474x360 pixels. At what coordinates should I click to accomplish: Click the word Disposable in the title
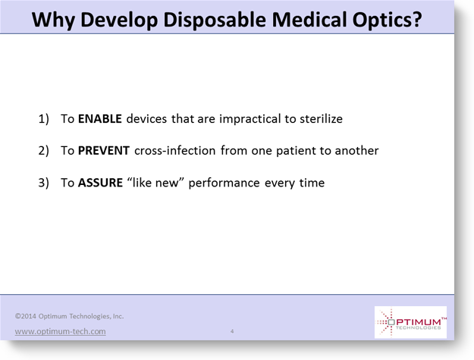tap(215, 20)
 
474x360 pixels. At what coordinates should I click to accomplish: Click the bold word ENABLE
tap(100, 119)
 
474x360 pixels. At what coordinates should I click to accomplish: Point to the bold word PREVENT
tap(104, 150)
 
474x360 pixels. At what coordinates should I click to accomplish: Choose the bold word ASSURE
tap(100, 183)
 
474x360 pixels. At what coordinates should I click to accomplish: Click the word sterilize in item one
tap(321, 119)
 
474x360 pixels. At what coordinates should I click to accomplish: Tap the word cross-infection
tap(174, 150)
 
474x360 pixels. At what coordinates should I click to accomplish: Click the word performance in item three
tap(224, 183)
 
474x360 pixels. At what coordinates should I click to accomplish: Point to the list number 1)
tap(43, 119)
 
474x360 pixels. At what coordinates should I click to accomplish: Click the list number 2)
tap(43, 151)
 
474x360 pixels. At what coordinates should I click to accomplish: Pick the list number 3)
tap(43, 183)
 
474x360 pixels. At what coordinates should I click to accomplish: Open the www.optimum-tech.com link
tap(60, 331)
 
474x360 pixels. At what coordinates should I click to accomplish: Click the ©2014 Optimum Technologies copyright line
tap(69, 316)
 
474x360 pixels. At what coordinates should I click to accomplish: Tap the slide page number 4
tap(232, 331)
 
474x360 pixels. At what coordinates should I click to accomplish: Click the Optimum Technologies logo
tap(410, 322)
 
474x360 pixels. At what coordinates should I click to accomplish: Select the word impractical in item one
tap(250, 119)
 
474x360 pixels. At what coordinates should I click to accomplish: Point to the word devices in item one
tap(146, 119)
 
